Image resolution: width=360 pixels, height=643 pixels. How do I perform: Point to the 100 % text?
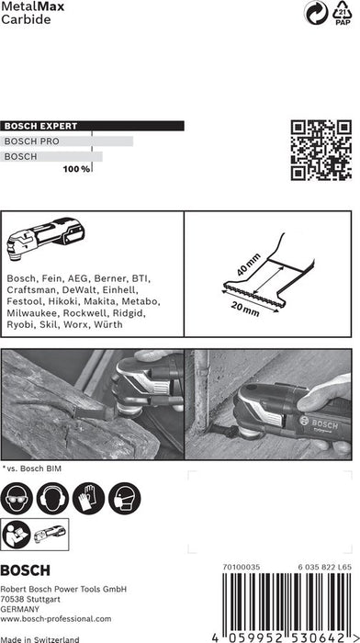pyautogui.click(x=76, y=170)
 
